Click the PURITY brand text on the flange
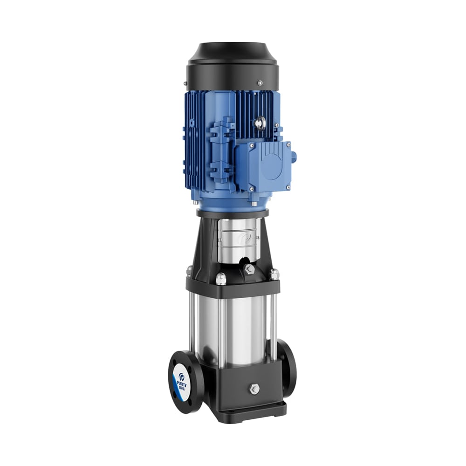click(x=182, y=381)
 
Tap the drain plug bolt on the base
click(x=254, y=389)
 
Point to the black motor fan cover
click(x=233, y=65)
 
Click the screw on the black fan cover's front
click(x=260, y=82)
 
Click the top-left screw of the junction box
click(x=252, y=146)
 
